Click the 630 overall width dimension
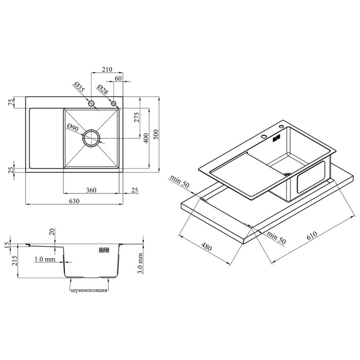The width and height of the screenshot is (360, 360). tap(74, 201)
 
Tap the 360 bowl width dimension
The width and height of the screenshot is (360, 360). tap(91, 190)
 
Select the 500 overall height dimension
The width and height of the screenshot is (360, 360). tap(156, 135)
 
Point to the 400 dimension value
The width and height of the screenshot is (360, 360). tap(146, 138)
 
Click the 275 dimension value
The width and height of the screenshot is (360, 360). tap(137, 117)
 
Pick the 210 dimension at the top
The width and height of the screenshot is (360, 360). tap(107, 69)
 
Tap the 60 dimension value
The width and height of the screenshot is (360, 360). tap(118, 78)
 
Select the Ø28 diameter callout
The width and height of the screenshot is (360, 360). tap(102, 90)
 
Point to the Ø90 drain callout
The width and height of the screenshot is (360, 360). tap(73, 128)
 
